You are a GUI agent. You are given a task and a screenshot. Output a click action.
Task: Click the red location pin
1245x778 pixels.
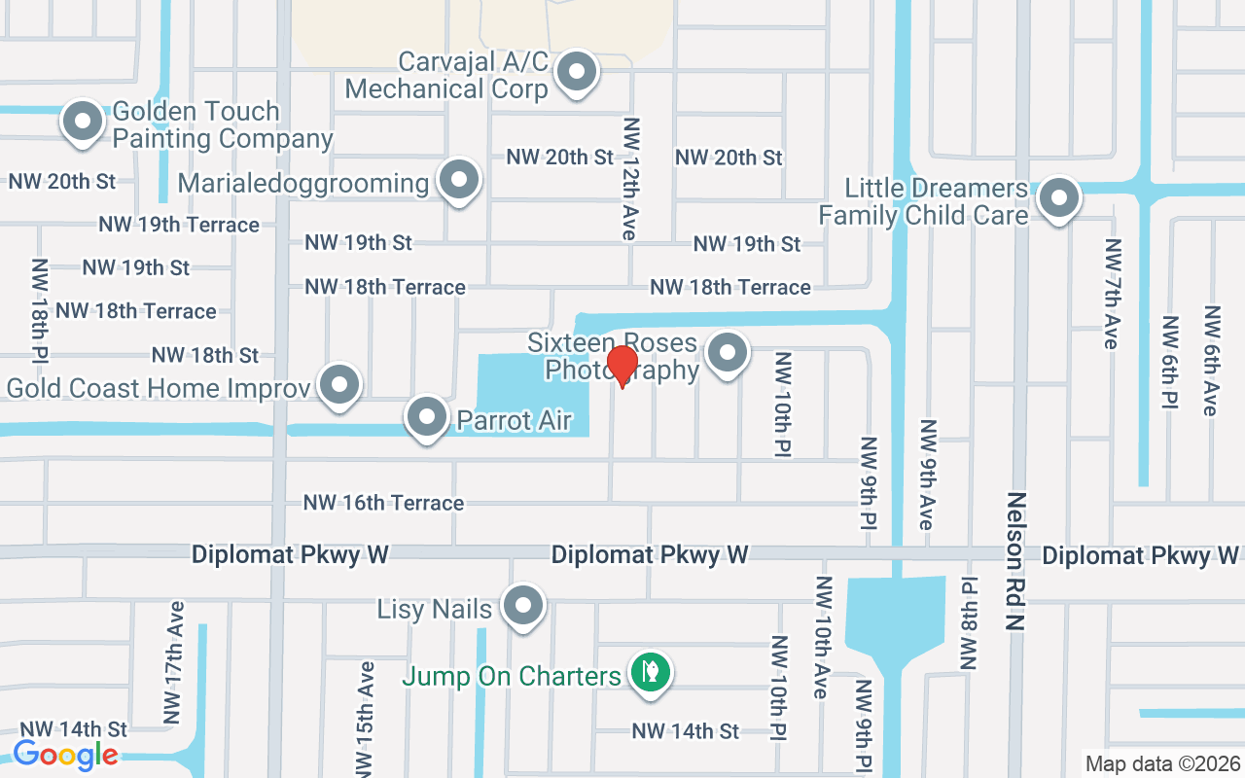[622, 367]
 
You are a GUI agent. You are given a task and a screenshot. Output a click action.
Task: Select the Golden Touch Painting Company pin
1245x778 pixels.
[83, 123]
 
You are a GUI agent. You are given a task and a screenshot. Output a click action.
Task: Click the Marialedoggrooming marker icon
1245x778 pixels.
[459, 180]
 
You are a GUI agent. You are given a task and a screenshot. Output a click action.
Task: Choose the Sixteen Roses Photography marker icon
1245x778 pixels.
[727, 353]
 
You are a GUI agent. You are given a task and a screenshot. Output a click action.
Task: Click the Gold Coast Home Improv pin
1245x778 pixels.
[339, 385]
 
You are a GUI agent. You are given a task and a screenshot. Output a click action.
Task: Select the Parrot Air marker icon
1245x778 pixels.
[426, 418]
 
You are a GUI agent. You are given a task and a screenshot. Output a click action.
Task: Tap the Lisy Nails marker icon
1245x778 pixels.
[523, 606]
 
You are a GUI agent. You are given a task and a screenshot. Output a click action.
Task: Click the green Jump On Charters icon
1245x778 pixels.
[650, 671]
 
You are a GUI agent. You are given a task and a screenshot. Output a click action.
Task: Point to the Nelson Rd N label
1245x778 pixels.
[1016, 561]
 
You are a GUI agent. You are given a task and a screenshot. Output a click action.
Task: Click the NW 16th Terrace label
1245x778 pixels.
[383, 503]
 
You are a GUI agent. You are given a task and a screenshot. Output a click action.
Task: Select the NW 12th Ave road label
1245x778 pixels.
[631, 179]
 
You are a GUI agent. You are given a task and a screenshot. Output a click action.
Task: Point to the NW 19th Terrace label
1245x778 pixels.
[179, 225]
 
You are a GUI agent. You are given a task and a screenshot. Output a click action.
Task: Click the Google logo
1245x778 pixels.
[65, 754]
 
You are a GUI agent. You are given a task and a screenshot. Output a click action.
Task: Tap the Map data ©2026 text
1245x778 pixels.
[1161, 763]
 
